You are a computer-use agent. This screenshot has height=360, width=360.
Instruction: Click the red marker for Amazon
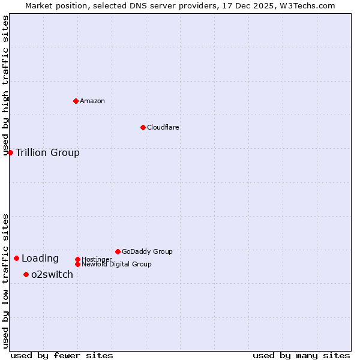coord(76,101)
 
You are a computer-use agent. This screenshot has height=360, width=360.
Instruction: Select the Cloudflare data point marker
coord(143,127)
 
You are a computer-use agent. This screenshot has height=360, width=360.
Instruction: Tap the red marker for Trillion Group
coord(10,152)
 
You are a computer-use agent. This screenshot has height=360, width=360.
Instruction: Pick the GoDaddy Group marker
coord(118,251)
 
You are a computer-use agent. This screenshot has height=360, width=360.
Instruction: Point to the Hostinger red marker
coord(77,259)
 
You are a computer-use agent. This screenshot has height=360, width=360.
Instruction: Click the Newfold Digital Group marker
coord(77,264)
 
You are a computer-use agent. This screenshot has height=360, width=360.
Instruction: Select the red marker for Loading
coord(16,258)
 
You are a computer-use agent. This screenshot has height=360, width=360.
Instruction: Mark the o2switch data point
coord(26,274)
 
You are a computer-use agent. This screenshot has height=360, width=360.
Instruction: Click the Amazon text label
coord(92,101)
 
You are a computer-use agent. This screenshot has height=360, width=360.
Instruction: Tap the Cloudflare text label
coord(163,127)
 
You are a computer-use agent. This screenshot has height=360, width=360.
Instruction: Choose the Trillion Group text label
coord(47,152)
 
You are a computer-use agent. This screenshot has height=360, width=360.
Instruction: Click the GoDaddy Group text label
coord(147,251)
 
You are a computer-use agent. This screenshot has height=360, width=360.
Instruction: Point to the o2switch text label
coord(52,274)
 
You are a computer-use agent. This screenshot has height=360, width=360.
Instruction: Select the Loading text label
coord(40,259)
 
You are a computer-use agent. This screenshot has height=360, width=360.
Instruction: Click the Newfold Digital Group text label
coord(116,264)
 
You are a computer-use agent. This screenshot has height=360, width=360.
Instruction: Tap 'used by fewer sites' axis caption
coord(62,355)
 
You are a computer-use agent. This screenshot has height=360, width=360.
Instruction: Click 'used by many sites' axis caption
coord(301,355)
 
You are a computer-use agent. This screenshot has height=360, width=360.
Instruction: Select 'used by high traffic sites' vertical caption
coord(5,85)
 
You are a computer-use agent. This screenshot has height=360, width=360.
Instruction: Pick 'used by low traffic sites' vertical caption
coord(5,281)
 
